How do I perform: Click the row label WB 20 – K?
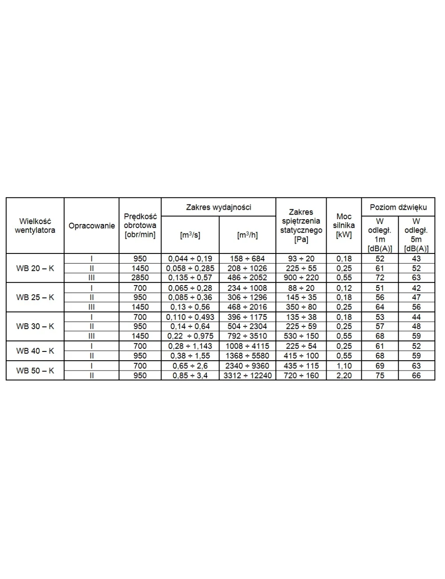(x=35, y=268)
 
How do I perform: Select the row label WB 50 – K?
(x=35, y=371)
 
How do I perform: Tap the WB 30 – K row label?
(x=35, y=326)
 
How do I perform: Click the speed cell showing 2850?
(x=140, y=277)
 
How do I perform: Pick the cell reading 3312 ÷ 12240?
(x=247, y=375)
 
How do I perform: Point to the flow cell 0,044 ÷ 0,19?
(x=190, y=259)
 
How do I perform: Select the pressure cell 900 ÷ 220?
(x=301, y=277)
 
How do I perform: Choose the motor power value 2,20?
(x=344, y=375)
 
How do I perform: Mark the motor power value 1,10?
(x=344, y=366)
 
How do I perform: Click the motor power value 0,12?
(x=344, y=288)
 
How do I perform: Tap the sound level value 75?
(x=380, y=375)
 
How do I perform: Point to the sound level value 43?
(x=416, y=259)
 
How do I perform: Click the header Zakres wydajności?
(x=218, y=207)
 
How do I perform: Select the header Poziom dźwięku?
(x=398, y=207)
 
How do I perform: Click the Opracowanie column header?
(x=92, y=226)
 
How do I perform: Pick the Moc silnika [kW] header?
(x=344, y=226)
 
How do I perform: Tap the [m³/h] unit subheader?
(x=247, y=235)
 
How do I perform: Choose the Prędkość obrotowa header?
(x=140, y=226)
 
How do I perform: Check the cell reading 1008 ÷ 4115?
(x=247, y=346)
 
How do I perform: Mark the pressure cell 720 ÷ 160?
(x=301, y=375)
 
